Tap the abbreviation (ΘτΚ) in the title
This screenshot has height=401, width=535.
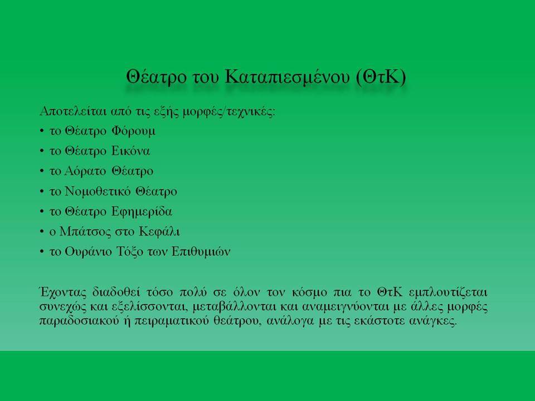(381, 77)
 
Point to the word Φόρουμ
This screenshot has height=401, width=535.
(133, 131)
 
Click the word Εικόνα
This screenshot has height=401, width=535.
(130, 151)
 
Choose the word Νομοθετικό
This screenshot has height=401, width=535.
(97, 191)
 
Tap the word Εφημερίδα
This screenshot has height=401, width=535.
(142, 212)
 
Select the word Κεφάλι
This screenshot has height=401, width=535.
(159, 232)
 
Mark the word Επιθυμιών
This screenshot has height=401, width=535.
(201, 252)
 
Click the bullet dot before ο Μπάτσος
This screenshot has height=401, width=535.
(42, 232)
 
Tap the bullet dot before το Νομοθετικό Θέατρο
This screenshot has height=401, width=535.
(42, 191)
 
